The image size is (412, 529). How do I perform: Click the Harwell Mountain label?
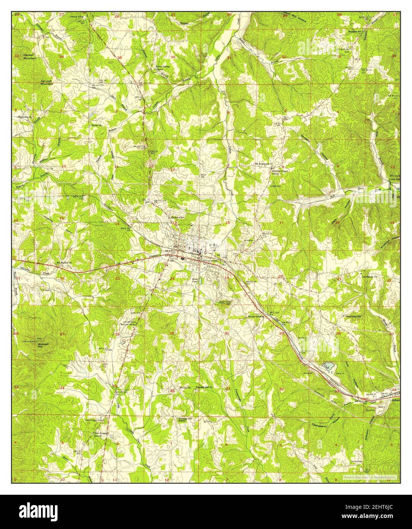[x=29, y=57]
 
